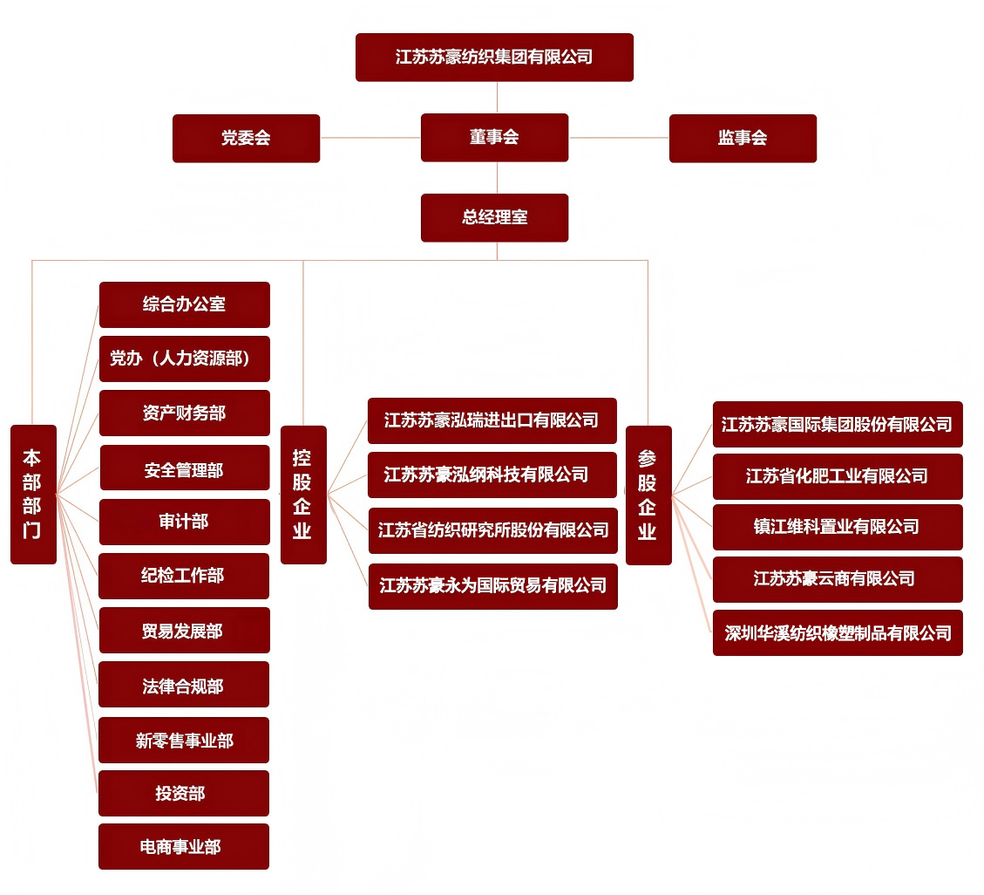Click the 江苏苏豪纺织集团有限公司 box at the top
tap(494, 58)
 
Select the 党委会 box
tap(246, 138)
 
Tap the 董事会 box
tap(494, 138)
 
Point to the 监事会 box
tap(743, 138)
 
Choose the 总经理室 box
tap(494, 217)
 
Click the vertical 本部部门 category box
tap(33, 494)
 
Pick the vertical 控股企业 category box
tap(303, 494)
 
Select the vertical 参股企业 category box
tap(648, 495)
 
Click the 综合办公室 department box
tap(185, 304)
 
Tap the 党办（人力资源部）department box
tap(185, 359)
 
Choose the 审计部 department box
tap(185, 522)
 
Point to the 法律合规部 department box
tap(184, 685)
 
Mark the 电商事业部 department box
tap(184, 846)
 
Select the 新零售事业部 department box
tap(184, 740)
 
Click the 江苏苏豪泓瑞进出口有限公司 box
tap(492, 420)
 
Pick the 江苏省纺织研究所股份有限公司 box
tap(492, 530)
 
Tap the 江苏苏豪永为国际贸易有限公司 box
tap(492, 586)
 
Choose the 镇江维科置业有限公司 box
tap(838, 527)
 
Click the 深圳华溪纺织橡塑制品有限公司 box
tap(838, 632)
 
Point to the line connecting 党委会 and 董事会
tap(370, 138)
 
